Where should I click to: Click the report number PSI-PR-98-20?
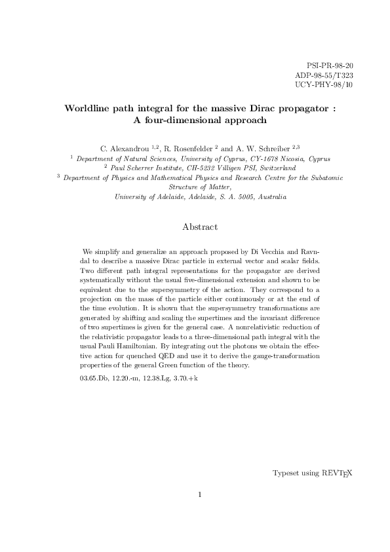point(330,66)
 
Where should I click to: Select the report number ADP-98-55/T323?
point(324,75)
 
